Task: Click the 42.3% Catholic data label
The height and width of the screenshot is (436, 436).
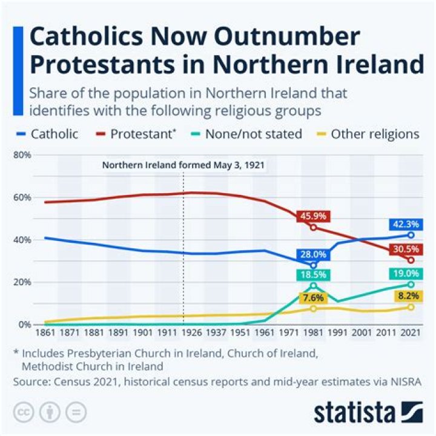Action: click(405, 224)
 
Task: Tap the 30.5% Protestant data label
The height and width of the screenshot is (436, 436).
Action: click(405, 249)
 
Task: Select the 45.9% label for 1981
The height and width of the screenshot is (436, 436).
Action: click(312, 216)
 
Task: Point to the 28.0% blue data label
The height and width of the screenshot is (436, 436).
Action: click(312, 255)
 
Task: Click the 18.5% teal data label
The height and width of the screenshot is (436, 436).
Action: click(312, 274)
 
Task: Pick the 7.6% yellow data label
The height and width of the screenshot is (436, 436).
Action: click(312, 297)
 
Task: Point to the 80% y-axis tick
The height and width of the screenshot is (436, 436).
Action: click(22, 155)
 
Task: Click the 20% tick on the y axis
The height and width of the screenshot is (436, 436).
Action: click(22, 282)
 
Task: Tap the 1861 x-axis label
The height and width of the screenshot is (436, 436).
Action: click(45, 334)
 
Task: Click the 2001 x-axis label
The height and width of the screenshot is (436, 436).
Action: click(362, 334)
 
